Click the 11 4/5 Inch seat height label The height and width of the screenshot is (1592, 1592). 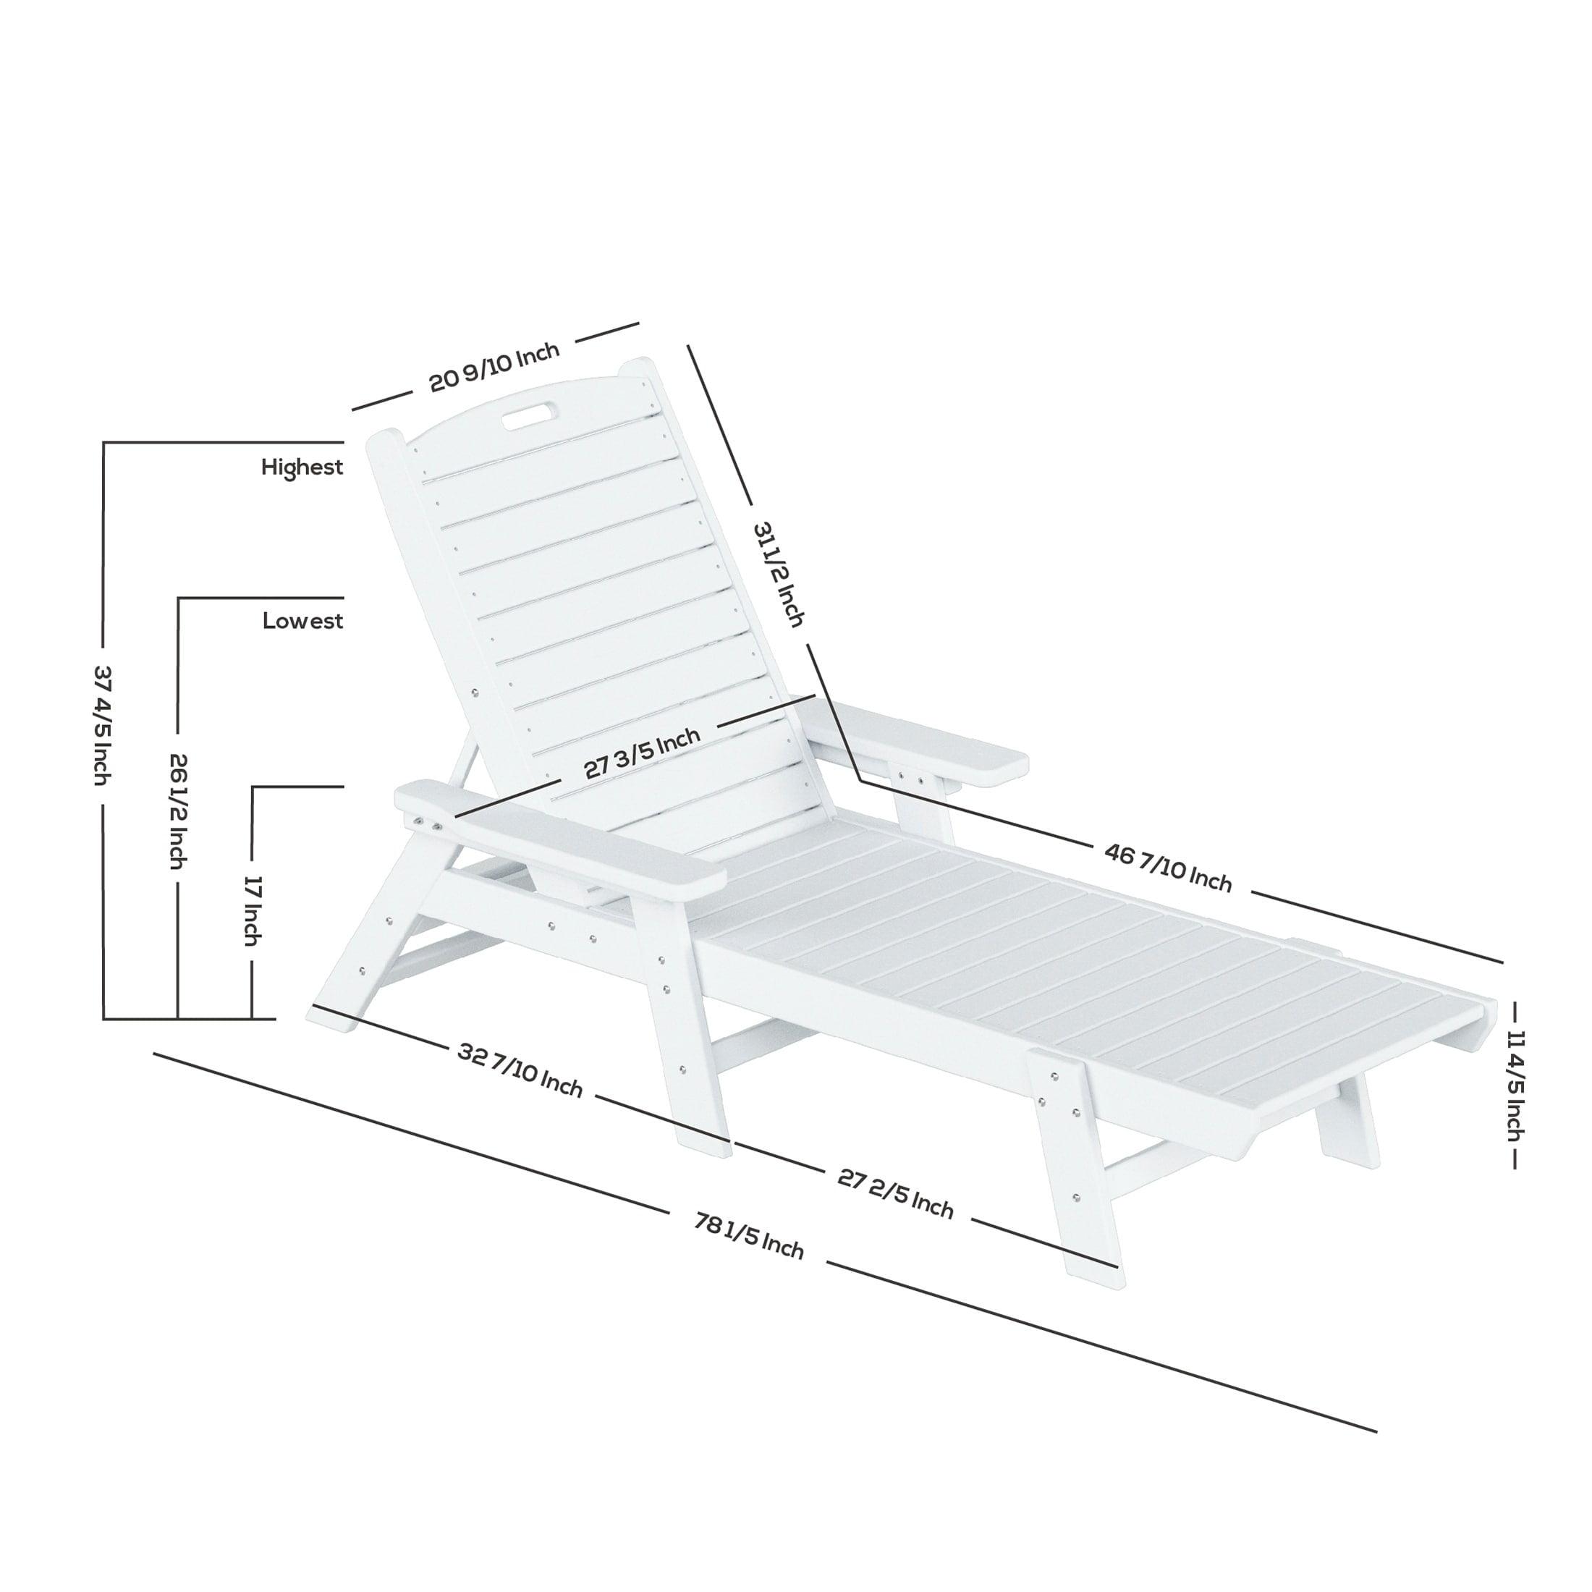[x=1513, y=1085]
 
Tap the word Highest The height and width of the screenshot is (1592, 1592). [x=302, y=467]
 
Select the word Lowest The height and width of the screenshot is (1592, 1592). [x=302, y=620]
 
